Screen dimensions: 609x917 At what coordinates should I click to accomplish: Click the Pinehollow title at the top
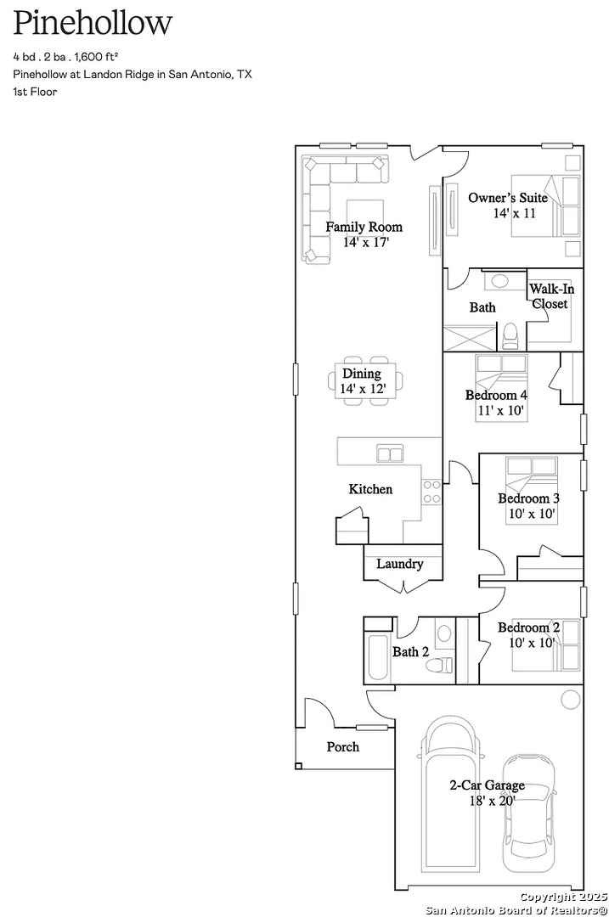93,24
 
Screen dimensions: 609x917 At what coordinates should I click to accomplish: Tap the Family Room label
364,227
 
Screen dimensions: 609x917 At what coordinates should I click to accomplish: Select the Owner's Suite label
508,198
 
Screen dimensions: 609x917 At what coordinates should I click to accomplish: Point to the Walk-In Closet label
551,296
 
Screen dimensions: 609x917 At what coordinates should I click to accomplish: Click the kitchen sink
390,453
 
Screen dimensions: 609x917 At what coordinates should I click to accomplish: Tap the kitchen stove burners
431,492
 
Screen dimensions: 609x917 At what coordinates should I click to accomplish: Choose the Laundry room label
399,564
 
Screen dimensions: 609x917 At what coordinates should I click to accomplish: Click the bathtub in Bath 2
377,657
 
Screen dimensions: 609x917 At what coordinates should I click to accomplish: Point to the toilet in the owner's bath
510,336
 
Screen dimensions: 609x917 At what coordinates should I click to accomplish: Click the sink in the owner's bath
499,281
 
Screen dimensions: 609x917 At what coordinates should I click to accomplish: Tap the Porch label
343,747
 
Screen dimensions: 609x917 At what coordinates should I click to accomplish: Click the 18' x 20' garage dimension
492,801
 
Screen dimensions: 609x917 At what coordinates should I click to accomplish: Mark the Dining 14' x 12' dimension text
364,388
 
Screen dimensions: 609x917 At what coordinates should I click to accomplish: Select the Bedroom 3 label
529,498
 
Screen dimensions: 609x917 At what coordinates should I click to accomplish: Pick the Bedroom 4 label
496,396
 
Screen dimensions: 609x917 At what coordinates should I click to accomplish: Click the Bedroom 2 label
529,627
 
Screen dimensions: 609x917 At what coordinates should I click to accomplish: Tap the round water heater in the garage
570,700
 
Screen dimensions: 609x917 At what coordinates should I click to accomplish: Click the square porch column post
298,766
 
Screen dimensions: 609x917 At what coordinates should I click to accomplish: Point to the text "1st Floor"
35,92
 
